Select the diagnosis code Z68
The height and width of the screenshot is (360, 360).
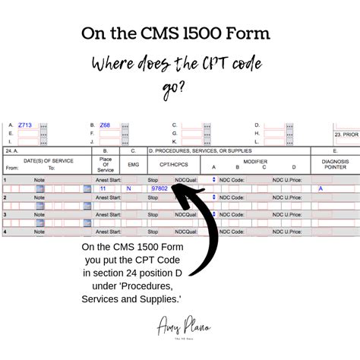(105, 125)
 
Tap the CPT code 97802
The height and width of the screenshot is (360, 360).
(159, 188)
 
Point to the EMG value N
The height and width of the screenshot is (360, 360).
(129, 188)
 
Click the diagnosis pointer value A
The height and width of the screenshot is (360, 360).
(321, 188)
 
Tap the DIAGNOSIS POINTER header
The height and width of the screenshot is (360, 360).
(334, 164)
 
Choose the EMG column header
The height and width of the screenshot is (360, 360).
(132, 163)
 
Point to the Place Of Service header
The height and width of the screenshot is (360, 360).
(106, 164)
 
